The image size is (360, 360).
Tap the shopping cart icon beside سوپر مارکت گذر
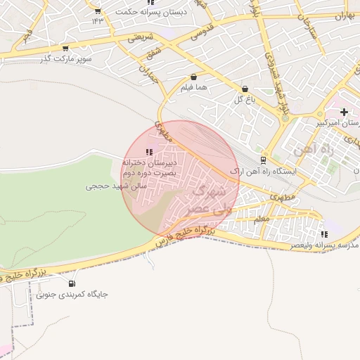coord(65,49)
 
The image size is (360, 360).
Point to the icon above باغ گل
coord(245,89)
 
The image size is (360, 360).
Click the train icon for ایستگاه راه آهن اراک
coord(263,160)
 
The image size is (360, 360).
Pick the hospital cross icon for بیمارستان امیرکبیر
coord(344,112)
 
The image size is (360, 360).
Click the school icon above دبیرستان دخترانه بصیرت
coord(148,152)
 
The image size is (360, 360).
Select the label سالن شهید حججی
coord(115,187)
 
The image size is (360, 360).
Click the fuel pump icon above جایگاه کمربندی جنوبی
coord(70,283)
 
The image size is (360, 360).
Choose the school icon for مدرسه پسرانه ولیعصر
coord(323,234)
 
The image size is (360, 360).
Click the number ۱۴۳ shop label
coord(97,20)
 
